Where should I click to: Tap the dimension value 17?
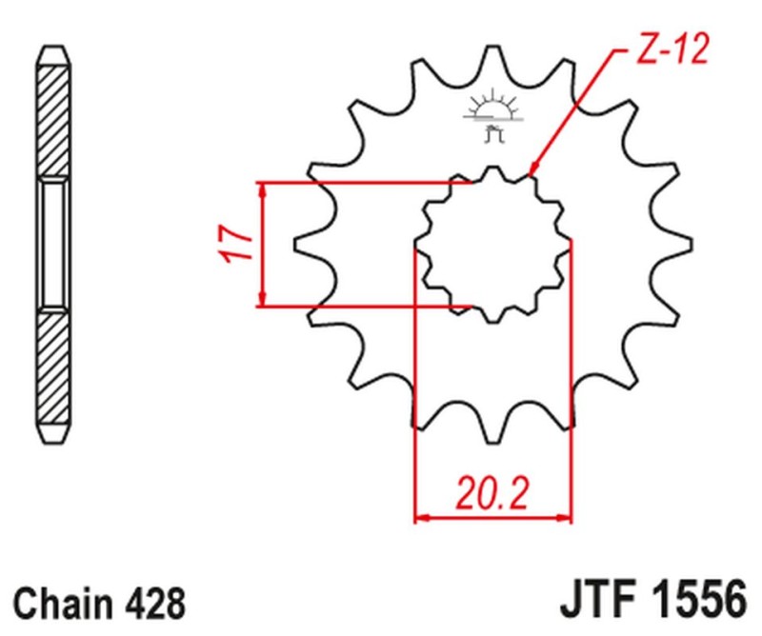[x=241, y=245]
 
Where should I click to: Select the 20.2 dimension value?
[x=492, y=495]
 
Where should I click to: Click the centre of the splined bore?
[x=492, y=245]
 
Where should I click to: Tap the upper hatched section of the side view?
[x=53, y=114]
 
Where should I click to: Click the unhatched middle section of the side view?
[x=53, y=245]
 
